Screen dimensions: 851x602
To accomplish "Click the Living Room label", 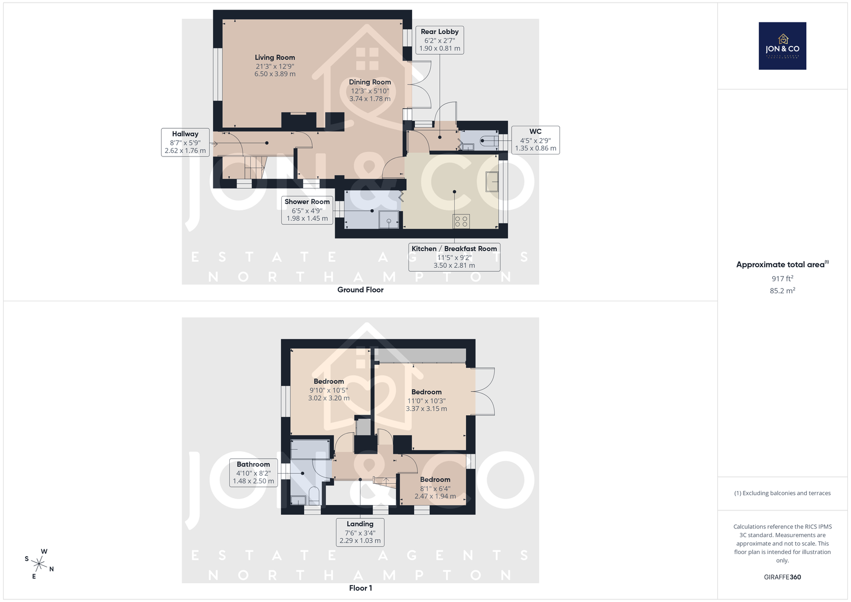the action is (274, 65).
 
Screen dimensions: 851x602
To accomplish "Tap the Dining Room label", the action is (370, 90).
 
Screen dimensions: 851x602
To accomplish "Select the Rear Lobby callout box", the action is (439, 40).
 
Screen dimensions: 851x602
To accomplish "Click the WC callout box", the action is (535, 140).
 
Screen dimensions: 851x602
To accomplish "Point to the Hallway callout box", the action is (185, 142).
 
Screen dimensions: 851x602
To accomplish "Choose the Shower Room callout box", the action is (307, 210).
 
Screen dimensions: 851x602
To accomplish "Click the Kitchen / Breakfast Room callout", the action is (454, 257).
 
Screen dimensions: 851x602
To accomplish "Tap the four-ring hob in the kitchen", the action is (461, 221).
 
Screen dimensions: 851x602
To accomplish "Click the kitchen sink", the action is (492, 182).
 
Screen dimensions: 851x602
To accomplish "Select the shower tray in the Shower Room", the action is (389, 219).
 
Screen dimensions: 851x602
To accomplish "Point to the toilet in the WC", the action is (489, 141).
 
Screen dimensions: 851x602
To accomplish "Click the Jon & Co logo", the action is (782, 46).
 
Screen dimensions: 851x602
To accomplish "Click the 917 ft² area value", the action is (782, 278).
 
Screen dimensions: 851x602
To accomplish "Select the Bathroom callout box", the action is (253, 473).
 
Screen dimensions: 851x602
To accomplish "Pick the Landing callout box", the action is (360, 532).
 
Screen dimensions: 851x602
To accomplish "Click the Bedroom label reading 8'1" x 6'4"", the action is (435, 488).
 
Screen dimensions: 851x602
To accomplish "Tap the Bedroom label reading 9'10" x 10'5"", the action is (329, 390).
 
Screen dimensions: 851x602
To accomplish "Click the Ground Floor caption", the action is (360, 290).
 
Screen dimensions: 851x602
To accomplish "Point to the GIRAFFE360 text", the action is (782, 577).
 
